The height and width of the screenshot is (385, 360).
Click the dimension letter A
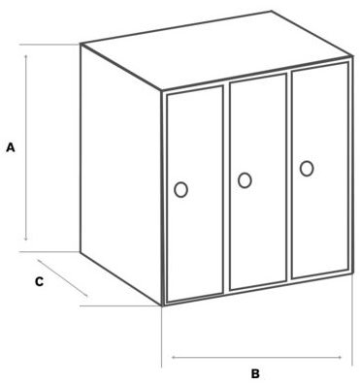point(11,147)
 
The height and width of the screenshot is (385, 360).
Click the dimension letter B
point(255,373)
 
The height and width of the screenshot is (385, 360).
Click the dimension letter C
point(39,281)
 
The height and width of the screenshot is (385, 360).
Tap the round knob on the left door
point(180,189)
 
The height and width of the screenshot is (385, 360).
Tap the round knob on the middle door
point(245,180)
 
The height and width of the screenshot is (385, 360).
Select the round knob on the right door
point(307,169)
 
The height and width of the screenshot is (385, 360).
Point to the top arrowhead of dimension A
point(26,56)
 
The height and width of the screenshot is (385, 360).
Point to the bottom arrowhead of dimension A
point(26,239)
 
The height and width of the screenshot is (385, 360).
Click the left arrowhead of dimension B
point(174,357)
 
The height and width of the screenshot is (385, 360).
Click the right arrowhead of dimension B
point(340,357)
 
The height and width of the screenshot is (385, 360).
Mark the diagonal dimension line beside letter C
point(62,277)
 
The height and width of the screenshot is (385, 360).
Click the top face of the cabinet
point(216,50)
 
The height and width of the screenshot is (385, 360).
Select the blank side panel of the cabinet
point(120,175)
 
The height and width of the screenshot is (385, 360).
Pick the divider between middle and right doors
point(289,177)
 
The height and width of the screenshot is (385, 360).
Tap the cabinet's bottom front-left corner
point(162,305)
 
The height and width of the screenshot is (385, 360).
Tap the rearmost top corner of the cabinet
point(271,12)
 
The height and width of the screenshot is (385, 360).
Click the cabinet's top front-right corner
point(352,57)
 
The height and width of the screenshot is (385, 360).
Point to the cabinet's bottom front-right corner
point(351,273)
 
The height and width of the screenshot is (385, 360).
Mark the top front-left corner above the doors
point(162,90)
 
